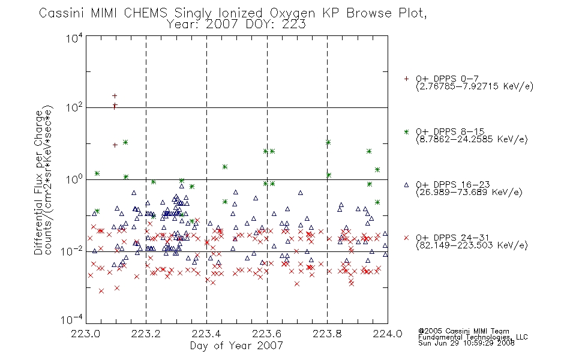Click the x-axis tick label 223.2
click(x=146, y=334)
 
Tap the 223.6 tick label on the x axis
click(x=267, y=334)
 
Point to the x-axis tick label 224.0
click(x=388, y=334)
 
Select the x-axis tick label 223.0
click(x=85, y=334)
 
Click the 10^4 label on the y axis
click(x=74, y=38)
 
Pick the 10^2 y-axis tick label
click(x=74, y=107)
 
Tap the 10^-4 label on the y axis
click(x=71, y=319)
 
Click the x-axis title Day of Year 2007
click(x=236, y=346)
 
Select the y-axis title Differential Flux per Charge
click(x=39, y=182)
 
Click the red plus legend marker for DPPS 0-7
click(x=406, y=79)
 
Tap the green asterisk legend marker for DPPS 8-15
click(x=406, y=131)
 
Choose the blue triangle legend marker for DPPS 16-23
click(x=406, y=185)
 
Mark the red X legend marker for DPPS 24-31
click(x=406, y=238)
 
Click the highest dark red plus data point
click(x=115, y=96)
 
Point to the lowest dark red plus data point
click(x=115, y=145)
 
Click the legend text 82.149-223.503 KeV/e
click(x=472, y=245)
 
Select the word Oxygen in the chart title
click(x=292, y=13)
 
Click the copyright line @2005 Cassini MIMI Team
click(x=463, y=331)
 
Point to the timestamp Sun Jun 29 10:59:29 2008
click(x=466, y=343)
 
